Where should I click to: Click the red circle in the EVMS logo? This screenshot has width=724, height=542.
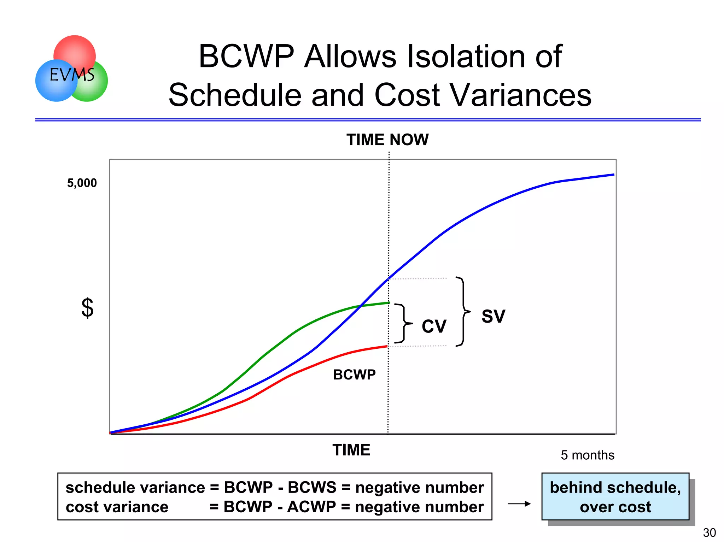pos(75,49)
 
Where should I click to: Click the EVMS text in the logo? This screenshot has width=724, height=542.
pos(72,75)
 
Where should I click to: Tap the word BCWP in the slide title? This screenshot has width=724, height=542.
pos(246,57)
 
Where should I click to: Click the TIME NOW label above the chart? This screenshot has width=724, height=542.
pos(387,140)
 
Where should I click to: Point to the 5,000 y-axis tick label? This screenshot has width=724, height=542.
pos(82,183)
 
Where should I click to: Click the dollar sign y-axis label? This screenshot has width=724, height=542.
pos(87,308)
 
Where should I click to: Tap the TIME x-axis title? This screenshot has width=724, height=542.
pos(351,450)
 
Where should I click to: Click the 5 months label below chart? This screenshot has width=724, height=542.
pos(587,455)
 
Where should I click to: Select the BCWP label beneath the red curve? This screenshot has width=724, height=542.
pos(354,375)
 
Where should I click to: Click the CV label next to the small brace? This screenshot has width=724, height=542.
pos(434,326)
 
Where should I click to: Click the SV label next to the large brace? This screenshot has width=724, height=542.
pos(493,316)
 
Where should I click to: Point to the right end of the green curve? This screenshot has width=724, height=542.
pos(389,303)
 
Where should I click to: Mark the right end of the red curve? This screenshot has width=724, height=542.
pos(387,347)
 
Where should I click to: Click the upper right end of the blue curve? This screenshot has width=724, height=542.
pos(613,175)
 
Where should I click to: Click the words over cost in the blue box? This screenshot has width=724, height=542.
pos(615,507)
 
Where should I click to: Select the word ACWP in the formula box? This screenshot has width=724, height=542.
pos(311,507)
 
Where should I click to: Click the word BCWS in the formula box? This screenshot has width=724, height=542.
pos(312,488)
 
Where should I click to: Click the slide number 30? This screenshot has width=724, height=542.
pos(709,532)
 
